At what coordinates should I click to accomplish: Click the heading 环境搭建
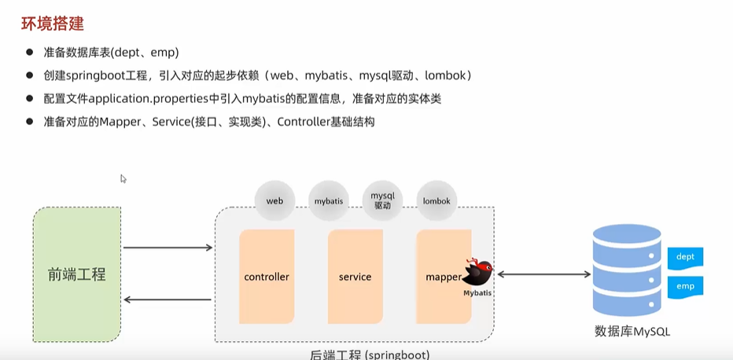point(52,24)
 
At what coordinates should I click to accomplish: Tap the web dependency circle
point(274,201)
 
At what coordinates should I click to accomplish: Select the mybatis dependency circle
point(329,201)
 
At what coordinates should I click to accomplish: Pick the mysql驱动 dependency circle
point(382,200)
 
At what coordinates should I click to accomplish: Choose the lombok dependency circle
point(436,201)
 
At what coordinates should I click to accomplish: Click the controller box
point(267,277)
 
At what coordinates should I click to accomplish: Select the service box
point(355,277)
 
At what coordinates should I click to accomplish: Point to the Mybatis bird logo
point(478,274)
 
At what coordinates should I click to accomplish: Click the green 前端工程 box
point(76,274)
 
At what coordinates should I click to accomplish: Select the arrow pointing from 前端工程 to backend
point(168,248)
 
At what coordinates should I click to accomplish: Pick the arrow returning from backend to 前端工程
point(168,299)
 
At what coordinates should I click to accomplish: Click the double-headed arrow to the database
point(543,274)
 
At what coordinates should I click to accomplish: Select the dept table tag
point(685,257)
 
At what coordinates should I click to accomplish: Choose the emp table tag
point(685,286)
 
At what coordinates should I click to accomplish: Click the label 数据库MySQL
point(633,331)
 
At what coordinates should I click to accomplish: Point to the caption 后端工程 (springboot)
point(370,354)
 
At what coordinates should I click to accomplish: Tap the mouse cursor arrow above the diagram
point(123,178)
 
